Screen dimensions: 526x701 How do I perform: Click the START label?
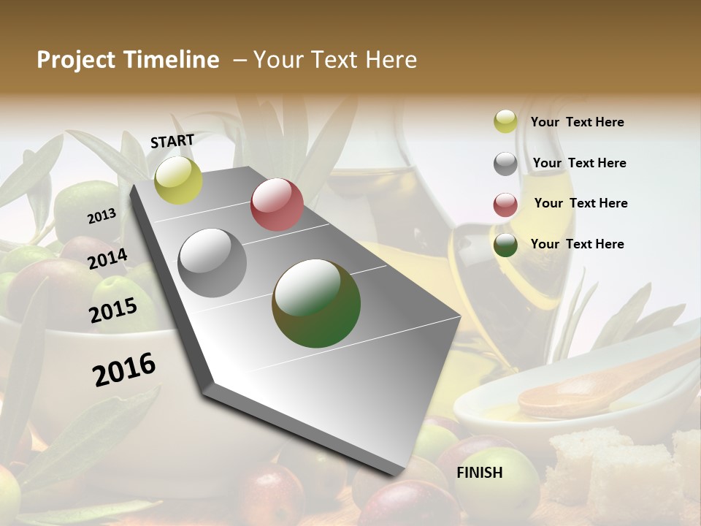(172, 141)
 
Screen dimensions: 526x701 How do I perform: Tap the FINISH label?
(479, 473)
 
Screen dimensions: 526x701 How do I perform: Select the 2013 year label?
(101, 216)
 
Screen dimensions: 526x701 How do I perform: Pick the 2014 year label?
(108, 259)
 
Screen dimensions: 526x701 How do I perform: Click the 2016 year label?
(124, 370)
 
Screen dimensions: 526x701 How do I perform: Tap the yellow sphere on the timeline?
(178, 180)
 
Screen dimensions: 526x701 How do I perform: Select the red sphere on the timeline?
(277, 205)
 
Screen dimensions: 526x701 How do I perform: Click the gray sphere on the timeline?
(212, 263)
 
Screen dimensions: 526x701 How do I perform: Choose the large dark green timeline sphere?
(316, 303)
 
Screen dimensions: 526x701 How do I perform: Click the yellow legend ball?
(505, 122)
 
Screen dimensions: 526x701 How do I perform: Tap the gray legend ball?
(505, 164)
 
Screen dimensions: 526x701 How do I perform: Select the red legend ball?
(505, 205)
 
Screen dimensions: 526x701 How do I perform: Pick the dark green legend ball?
(505, 245)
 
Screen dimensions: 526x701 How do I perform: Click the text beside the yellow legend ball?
(577, 122)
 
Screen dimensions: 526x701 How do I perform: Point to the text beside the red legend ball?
(581, 203)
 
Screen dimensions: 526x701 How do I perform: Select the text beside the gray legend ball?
(579, 163)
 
